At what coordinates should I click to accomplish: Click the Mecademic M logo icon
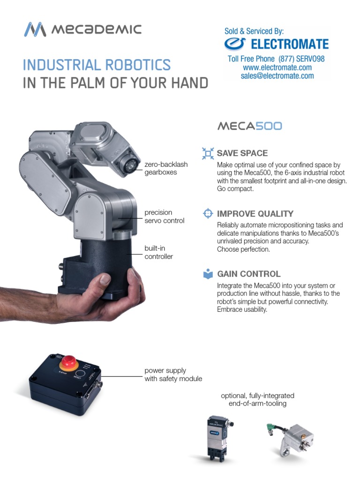pyautogui.click(x=35, y=30)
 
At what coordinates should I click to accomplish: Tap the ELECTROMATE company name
pyautogui.click(x=289, y=45)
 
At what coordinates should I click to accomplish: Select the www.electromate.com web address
pyautogui.click(x=277, y=67)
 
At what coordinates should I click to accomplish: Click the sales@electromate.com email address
pyautogui.click(x=277, y=76)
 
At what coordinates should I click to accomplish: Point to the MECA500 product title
pyautogui.click(x=249, y=126)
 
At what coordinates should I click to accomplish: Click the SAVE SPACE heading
pyautogui.click(x=242, y=153)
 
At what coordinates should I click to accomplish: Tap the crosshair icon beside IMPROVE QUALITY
pyautogui.click(x=208, y=214)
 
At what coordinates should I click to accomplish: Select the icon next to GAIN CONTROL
pyautogui.click(x=208, y=274)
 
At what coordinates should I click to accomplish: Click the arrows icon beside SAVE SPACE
pyautogui.click(x=208, y=153)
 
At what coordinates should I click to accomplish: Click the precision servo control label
pyautogui.click(x=164, y=217)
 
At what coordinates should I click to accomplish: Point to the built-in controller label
pyautogui.click(x=158, y=252)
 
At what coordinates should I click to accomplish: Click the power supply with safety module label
pyautogui.click(x=173, y=375)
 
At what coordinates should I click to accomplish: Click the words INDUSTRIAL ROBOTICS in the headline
pyautogui.click(x=97, y=65)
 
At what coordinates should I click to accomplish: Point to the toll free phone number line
pyautogui.click(x=276, y=59)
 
